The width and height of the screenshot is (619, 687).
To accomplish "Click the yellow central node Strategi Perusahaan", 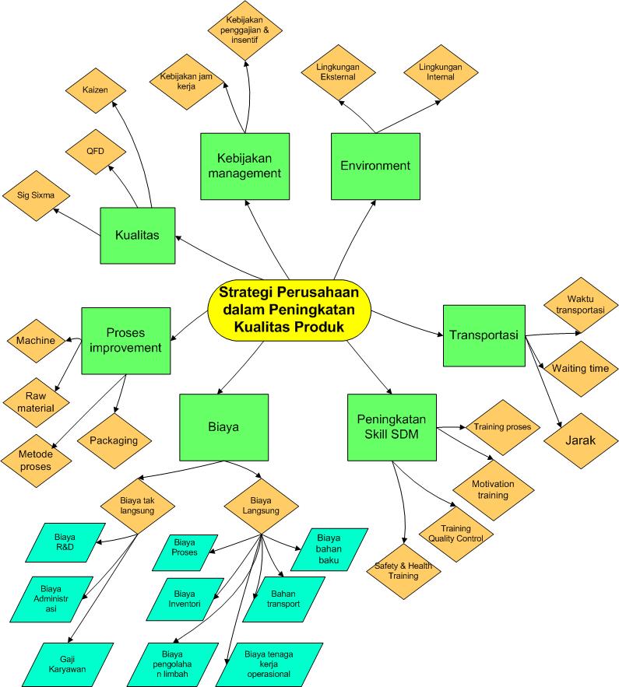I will [289, 310].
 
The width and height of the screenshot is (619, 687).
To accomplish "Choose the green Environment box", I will [375, 165].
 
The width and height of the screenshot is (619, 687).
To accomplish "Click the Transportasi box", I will [484, 335].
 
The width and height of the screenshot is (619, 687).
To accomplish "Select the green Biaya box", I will [223, 427].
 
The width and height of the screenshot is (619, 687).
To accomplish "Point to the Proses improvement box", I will [125, 341].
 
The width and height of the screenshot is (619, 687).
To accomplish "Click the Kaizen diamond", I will [96, 91].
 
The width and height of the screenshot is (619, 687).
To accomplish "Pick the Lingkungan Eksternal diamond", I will [338, 72].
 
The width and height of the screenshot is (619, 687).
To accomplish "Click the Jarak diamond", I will [581, 440].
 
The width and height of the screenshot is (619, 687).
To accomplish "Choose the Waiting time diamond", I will [580, 369].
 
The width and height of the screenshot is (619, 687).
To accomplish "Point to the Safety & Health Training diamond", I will [403, 570].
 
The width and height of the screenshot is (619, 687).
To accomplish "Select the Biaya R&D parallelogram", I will [65, 542].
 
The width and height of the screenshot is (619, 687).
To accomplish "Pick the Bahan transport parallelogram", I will [283, 598].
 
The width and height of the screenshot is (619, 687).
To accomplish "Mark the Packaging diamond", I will [114, 440].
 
